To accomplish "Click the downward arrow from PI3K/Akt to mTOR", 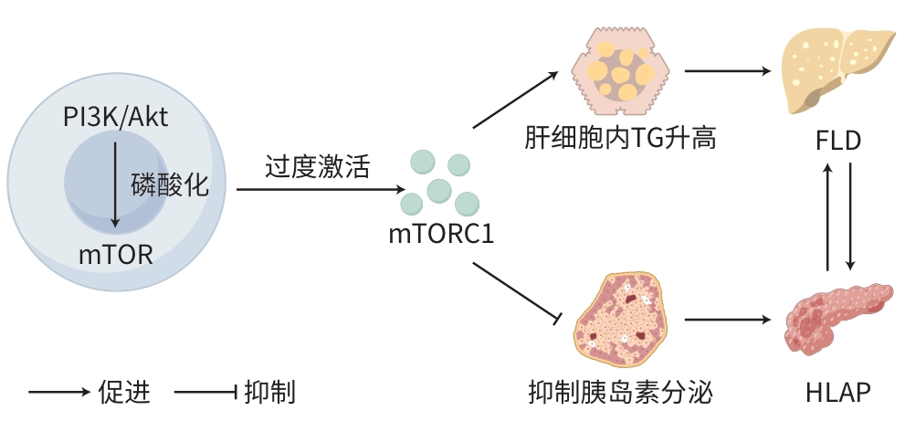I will tap(115, 183).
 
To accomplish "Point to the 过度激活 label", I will tap(306, 167).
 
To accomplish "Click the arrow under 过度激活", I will tap(320, 190).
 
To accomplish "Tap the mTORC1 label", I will tap(441, 234).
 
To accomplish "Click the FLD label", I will tap(838, 142).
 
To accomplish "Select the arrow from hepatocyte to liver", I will tap(724, 69).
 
